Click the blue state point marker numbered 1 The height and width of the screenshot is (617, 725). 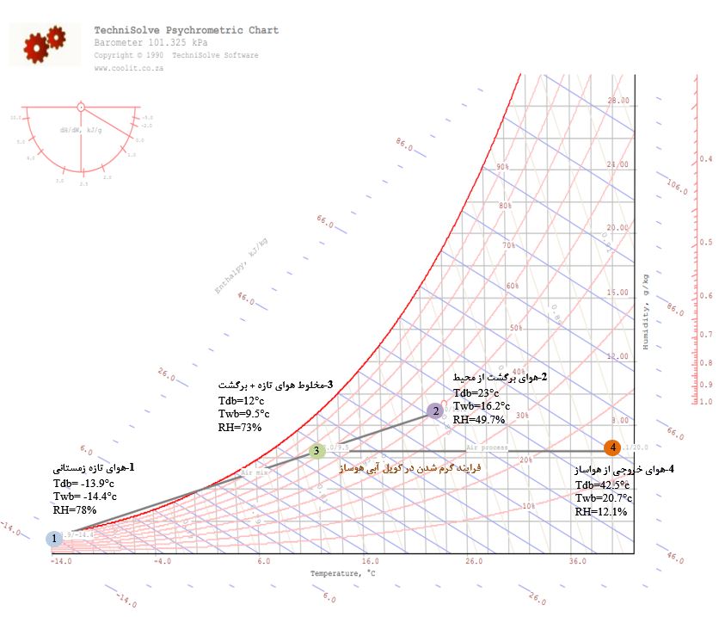[x=54, y=539]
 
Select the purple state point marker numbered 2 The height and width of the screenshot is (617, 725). [x=436, y=411]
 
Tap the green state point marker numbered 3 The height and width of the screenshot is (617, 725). [x=316, y=450]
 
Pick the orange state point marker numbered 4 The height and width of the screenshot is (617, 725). [x=611, y=447]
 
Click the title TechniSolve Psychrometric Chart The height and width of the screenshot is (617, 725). [x=186, y=30]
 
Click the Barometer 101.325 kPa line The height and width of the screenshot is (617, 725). [x=151, y=42]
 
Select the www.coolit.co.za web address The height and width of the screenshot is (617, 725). [x=129, y=68]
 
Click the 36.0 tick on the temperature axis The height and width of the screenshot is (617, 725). [x=579, y=561]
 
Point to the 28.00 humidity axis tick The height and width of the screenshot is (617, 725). [x=618, y=101]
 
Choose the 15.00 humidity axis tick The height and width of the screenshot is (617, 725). [x=618, y=292]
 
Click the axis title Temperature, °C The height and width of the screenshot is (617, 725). [x=343, y=573]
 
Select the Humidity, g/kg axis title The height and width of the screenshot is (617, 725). [x=645, y=310]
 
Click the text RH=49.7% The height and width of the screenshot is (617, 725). [x=479, y=419]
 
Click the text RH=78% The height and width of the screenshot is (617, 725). [x=75, y=509]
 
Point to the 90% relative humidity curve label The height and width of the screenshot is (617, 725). [x=502, y=167]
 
